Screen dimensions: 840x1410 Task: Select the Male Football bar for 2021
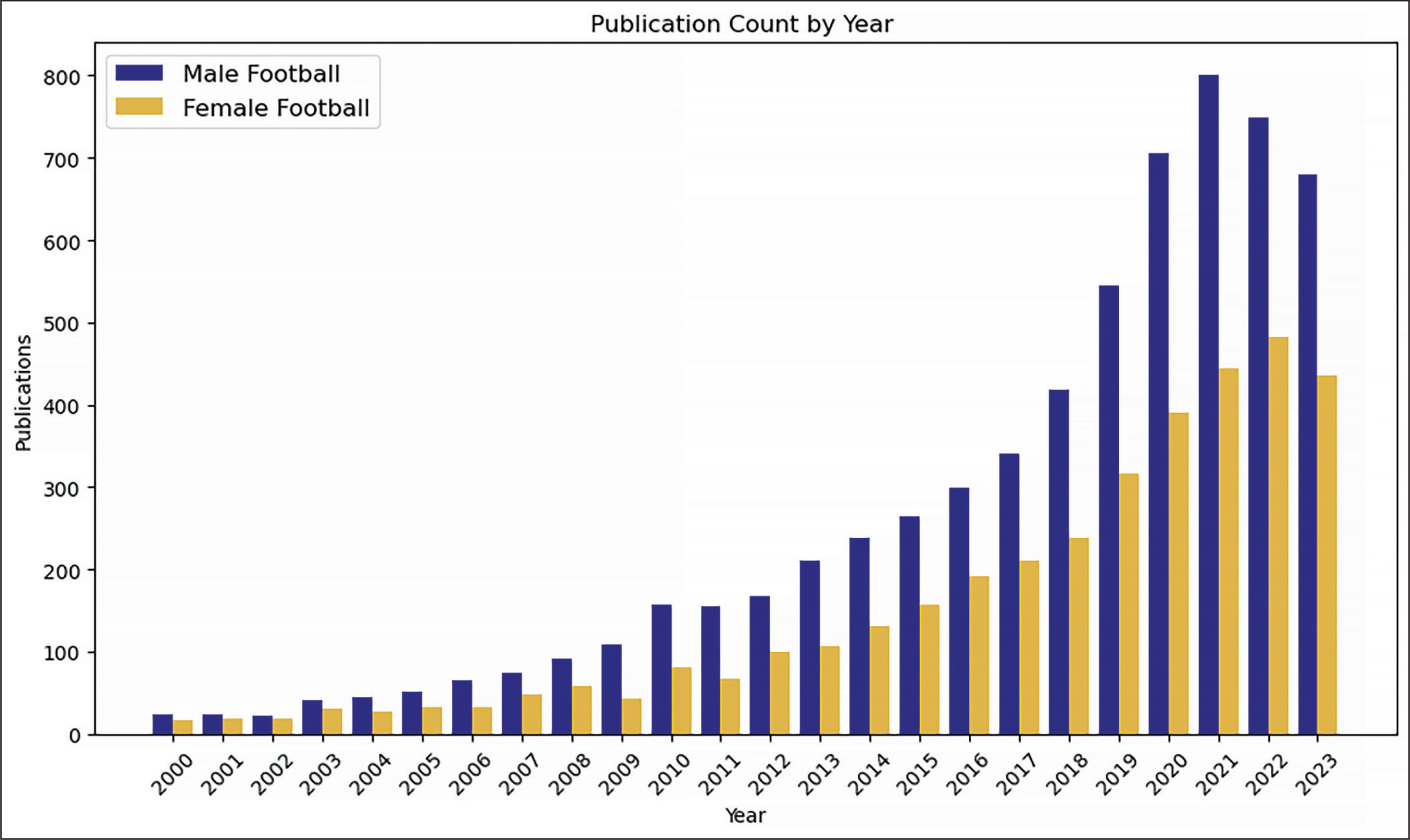pyautogui.click(x=1208, y=405)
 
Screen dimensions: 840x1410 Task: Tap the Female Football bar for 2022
pyautogui.click(x=1279, y=535)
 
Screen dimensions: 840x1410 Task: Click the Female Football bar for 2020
pyautogui.click(x=1178, y=573)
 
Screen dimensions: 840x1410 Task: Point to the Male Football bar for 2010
pyautogui.click(x=661, y=670)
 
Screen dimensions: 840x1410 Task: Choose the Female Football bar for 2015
pyautogui.click(x=929, y=670)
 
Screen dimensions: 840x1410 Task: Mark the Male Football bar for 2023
pyautogui.click(x=1308, y=455)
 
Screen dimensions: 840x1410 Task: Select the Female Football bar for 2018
pyautogui.click(x=1079, y=636)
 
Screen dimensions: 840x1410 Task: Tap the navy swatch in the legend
pyautogui.click(x=139, y=73)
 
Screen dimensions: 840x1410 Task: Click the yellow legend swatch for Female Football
pyautogui.click(x=139, y=106)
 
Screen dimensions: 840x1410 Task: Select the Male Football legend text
pyautogui.click(x=261, y=74)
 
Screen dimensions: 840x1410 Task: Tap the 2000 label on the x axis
pyautogui.click(x=172, y=774)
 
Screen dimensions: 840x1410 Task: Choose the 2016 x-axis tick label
pyautogui.click(x=968, y=774)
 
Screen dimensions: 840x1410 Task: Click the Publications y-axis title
pyautogui.click(x=23, y=393)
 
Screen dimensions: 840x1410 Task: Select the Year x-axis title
pyautogui.click(x=745, y=816)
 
